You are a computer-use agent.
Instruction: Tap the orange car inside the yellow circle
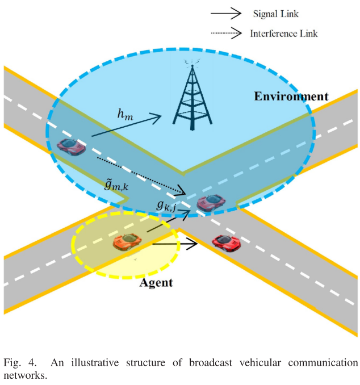(128, 242)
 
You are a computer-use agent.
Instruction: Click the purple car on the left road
(71, 146)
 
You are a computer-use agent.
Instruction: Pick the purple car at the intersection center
(210, 201)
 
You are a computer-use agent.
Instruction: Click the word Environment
(291, 96)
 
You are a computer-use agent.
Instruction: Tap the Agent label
(156, 282)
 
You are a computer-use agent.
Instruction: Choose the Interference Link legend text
(283, 34)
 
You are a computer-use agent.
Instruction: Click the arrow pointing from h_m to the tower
(131, 125)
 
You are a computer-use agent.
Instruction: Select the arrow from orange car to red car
(174, 244)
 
